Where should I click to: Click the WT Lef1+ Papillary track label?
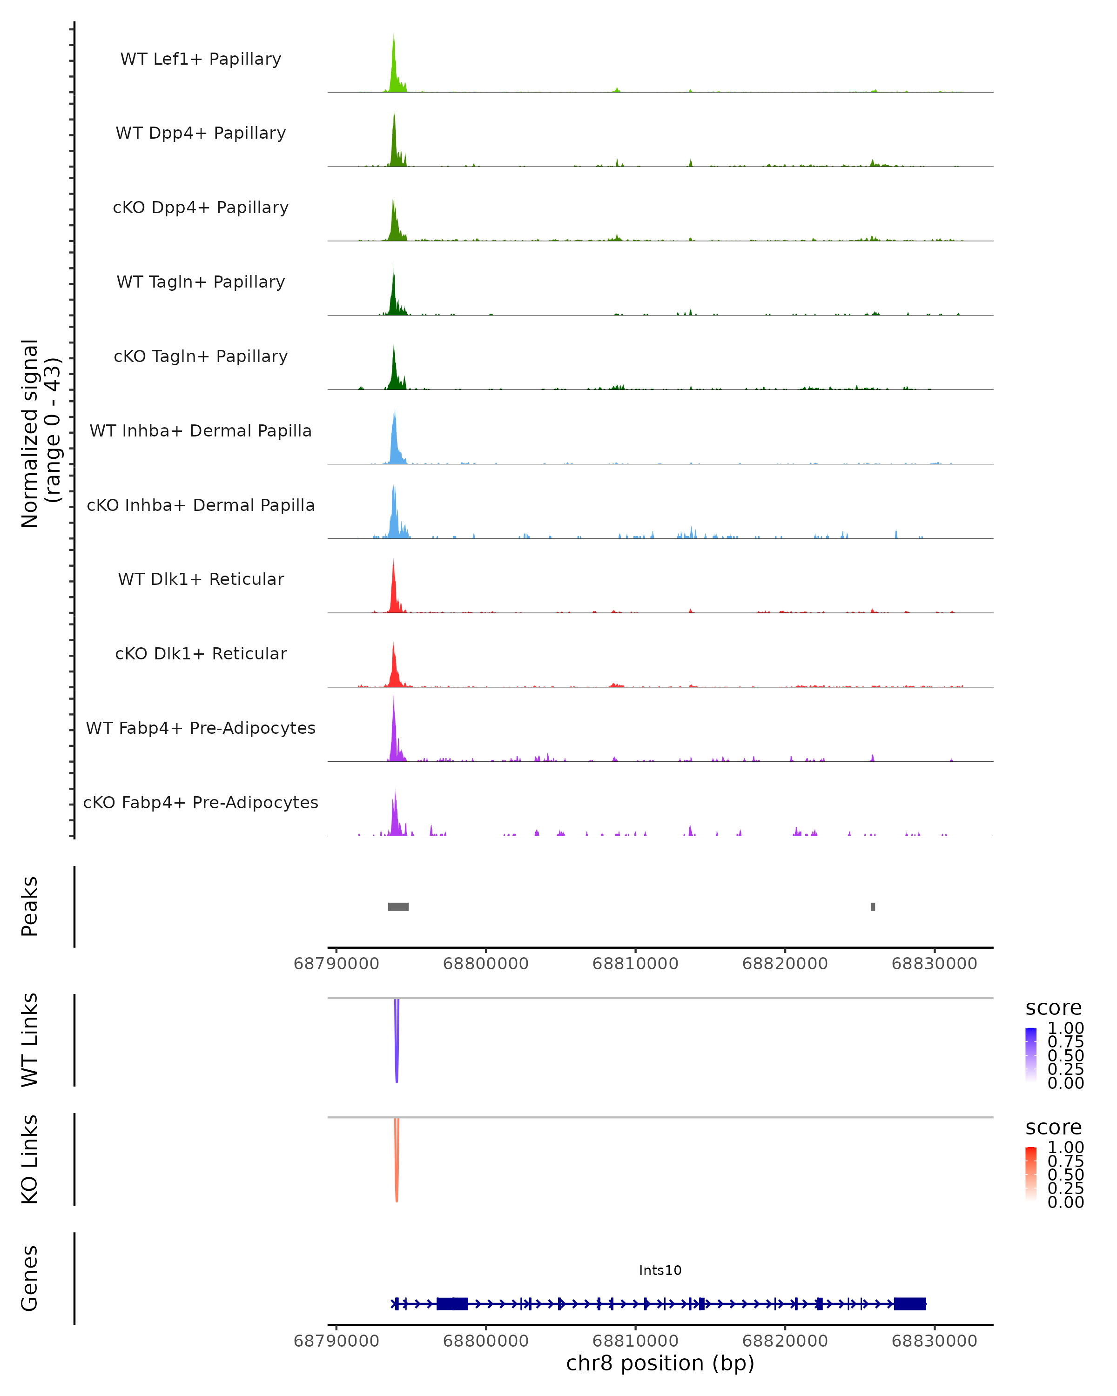[x=201, y=59]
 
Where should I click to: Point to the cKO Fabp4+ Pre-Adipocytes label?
[x=201, y=802]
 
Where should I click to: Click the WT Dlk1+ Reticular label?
[x=201, y=579]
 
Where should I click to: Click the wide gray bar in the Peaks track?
[x=398, y=906]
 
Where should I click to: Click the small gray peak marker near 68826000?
[x=873, y=906]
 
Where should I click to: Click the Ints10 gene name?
[x=660, y=1270]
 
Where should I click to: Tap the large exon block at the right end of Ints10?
[x=910, y=1304]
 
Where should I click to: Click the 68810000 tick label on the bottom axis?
[x=635, y=1341]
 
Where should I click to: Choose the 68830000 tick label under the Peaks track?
[x=934, y=964]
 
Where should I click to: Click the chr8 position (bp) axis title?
[x=660, y=1363]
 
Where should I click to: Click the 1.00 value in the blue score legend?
[x=1065, y=1028]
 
